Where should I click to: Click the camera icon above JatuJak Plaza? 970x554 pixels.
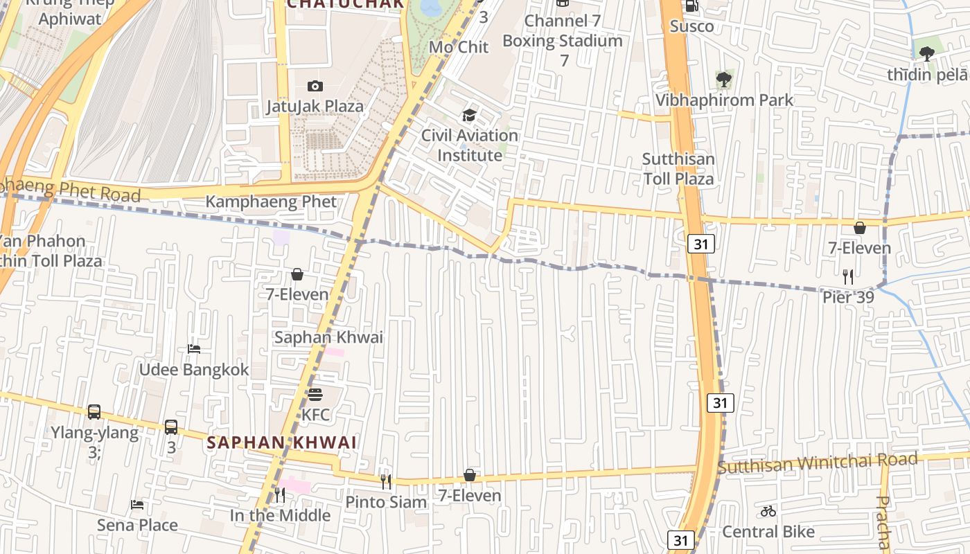315,86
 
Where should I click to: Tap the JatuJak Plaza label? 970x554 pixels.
315,107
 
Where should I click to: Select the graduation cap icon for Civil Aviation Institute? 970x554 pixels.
470,115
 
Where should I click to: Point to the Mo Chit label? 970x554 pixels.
459,47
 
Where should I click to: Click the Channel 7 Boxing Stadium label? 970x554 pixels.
563,40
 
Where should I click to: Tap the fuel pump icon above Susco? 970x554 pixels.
691,6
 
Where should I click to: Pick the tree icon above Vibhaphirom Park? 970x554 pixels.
724,80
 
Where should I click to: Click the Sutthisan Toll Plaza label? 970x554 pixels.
678,169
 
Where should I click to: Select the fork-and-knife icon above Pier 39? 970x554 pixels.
848,277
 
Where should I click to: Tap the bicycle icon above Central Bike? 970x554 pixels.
768,511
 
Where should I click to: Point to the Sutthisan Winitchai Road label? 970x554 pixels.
818,463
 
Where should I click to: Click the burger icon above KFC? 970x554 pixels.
315,395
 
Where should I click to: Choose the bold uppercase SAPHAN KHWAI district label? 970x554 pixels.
281,442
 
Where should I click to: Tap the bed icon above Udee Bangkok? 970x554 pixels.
194,349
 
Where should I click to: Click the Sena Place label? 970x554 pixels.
137,525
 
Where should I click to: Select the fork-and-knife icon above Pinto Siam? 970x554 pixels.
386,481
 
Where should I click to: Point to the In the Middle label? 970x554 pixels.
280,515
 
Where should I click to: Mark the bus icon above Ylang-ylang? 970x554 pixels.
94,412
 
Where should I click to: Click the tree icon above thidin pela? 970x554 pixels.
927,53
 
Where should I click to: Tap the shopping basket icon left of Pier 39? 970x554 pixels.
860,228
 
